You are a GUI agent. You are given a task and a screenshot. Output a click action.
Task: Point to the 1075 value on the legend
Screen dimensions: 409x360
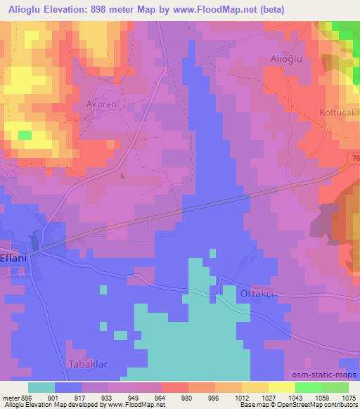tap(348, 398)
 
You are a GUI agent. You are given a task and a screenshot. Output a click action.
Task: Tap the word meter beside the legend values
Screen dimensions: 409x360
tap(11, 398)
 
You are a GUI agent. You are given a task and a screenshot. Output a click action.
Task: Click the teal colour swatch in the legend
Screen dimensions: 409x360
tap(41, 387)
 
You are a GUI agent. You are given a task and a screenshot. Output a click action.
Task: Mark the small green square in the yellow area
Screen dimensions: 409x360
tap(25, 134)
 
